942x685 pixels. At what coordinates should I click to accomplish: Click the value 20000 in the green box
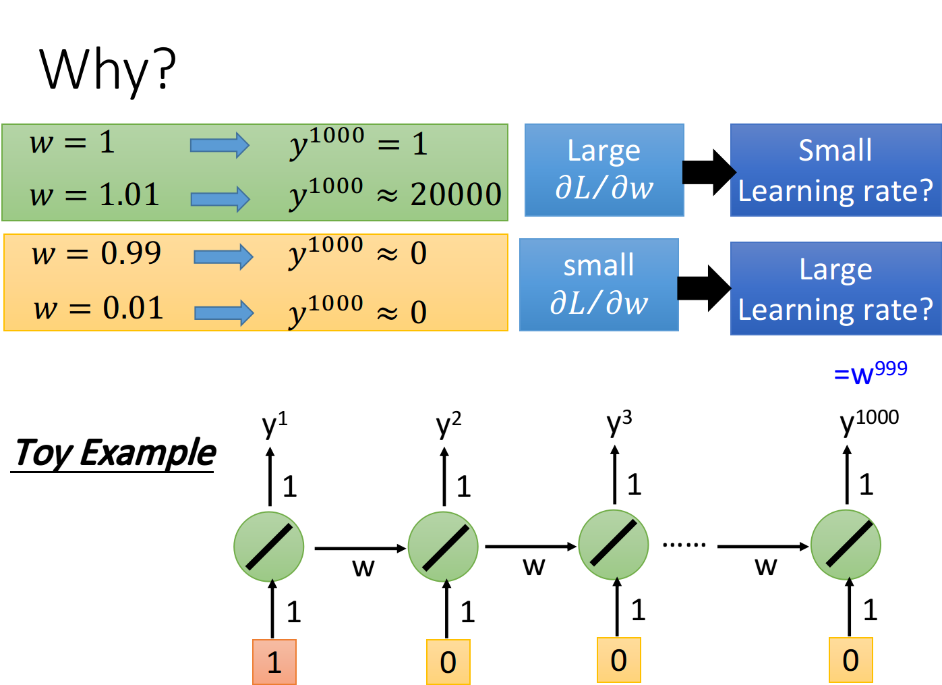click(x=456, y=194)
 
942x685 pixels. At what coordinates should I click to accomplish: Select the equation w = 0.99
click(x=96, y=254)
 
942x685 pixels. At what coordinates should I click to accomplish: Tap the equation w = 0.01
click(x=98, y=308)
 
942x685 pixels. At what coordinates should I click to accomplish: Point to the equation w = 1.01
click(x=94, y=194)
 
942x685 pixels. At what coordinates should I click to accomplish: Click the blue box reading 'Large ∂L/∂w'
click(x=604, y=170)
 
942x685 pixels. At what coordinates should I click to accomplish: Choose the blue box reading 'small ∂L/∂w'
click(x=599, y=285)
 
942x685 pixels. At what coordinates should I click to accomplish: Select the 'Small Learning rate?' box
click(x=836, y=170)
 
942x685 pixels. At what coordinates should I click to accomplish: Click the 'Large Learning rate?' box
click(x=836, y=288)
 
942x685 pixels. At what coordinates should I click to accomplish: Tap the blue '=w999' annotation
click(x=871, y=372)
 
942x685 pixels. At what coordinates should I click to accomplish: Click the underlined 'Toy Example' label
click(x=113, y=454)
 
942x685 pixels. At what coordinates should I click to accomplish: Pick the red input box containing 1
click(x=274, y=662)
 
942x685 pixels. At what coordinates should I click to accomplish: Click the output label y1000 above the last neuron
click(x=869, y=422)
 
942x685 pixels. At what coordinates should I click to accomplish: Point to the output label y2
click(x=448, y=424)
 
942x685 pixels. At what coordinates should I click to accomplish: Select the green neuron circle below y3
click(x=614, y=545)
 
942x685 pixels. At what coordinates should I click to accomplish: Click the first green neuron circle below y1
click(x=269, y=547)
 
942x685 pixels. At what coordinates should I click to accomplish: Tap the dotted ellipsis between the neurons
click(x=684, y=545)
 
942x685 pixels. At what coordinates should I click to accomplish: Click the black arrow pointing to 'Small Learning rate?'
click(x=709, y=172)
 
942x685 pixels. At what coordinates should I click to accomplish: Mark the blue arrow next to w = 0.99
click(x=223, y=257)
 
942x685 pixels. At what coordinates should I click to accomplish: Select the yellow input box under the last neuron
click(x=851, y=660)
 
